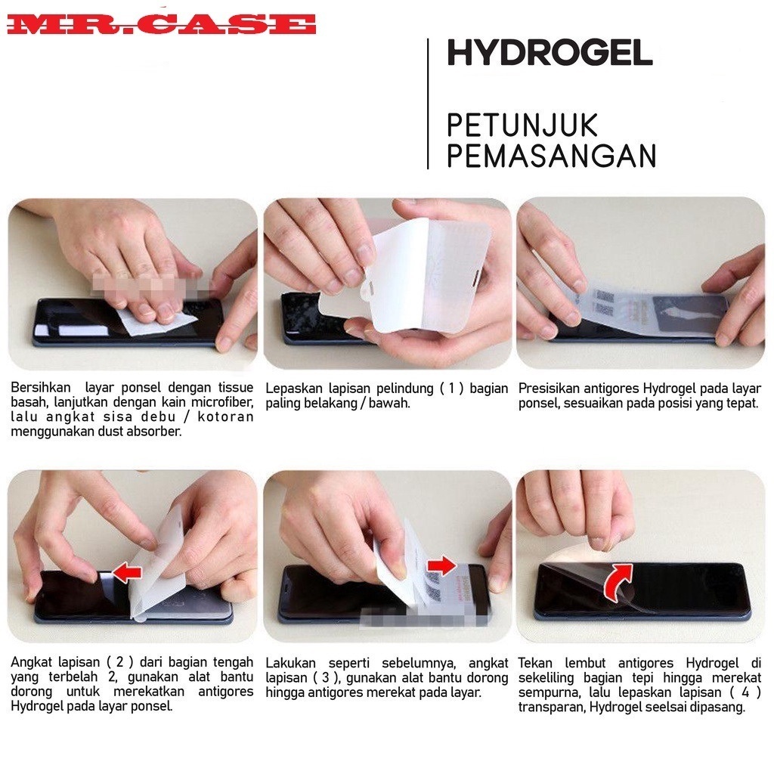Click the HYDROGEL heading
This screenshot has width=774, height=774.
[550, 53]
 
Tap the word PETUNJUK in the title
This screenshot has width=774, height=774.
[522, 125]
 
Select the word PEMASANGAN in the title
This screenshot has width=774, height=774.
[551, 155]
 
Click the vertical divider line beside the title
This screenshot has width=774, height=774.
[428, 104]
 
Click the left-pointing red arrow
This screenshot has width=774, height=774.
[127, 572]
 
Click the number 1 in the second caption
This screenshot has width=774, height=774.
[451, 389]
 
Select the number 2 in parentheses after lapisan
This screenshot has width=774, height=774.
[119, 662]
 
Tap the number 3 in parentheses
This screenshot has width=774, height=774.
[325, 678]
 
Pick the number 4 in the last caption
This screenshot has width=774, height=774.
[745, 692]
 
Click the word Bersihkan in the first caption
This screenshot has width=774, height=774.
[41, 388]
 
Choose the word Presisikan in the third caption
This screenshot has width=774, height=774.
[548, 389]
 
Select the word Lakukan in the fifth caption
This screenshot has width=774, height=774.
[290, 663]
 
